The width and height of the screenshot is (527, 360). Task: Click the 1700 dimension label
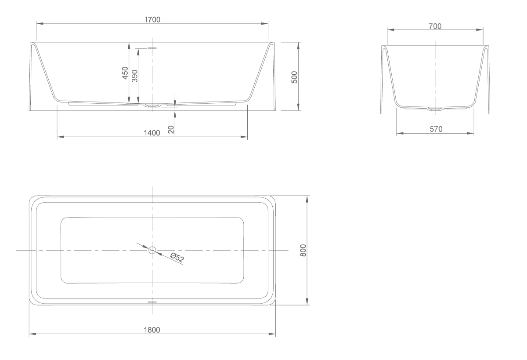coord(152,19)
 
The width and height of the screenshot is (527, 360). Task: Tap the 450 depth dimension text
coord(125,73)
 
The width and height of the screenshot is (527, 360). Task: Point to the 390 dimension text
coord(135,76)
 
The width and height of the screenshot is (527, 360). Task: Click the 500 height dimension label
coord(295,76)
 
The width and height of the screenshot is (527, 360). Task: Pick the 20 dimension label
coord(171,129)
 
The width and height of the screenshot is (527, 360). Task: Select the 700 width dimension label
coord(435,26)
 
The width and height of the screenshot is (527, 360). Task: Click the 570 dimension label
coord(436,129)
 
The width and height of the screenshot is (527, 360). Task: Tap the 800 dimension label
coord(303,251)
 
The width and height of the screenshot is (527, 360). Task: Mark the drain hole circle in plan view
coord(152,250)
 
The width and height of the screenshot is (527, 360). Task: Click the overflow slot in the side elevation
coord(152,47)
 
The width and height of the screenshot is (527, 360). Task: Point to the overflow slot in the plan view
coord(152,302)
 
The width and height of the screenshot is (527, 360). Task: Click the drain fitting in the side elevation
coord(152,105)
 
